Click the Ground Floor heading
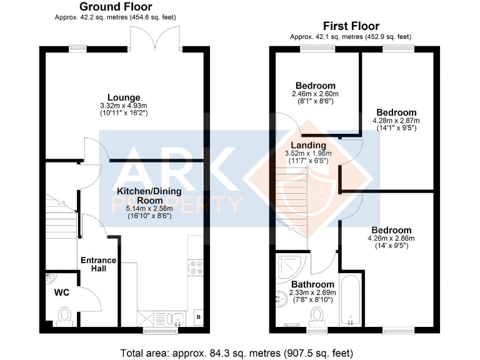(116, 6)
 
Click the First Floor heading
(351, 26)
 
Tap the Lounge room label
(124, 97)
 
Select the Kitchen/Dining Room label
(149, 196)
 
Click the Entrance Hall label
(99, 264)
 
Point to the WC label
(62, 292)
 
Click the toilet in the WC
(64, 315)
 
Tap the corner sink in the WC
(50, 278)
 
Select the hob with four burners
(195, 267)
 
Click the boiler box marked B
(199, 317)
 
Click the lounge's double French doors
(156, 38)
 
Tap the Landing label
(308, 145)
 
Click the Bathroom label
(312, 284)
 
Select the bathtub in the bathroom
(351, 300)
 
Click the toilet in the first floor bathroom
(317, 317)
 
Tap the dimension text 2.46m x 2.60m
(315, 94)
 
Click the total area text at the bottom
(237, 353)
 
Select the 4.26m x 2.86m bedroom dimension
(391, 239)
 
